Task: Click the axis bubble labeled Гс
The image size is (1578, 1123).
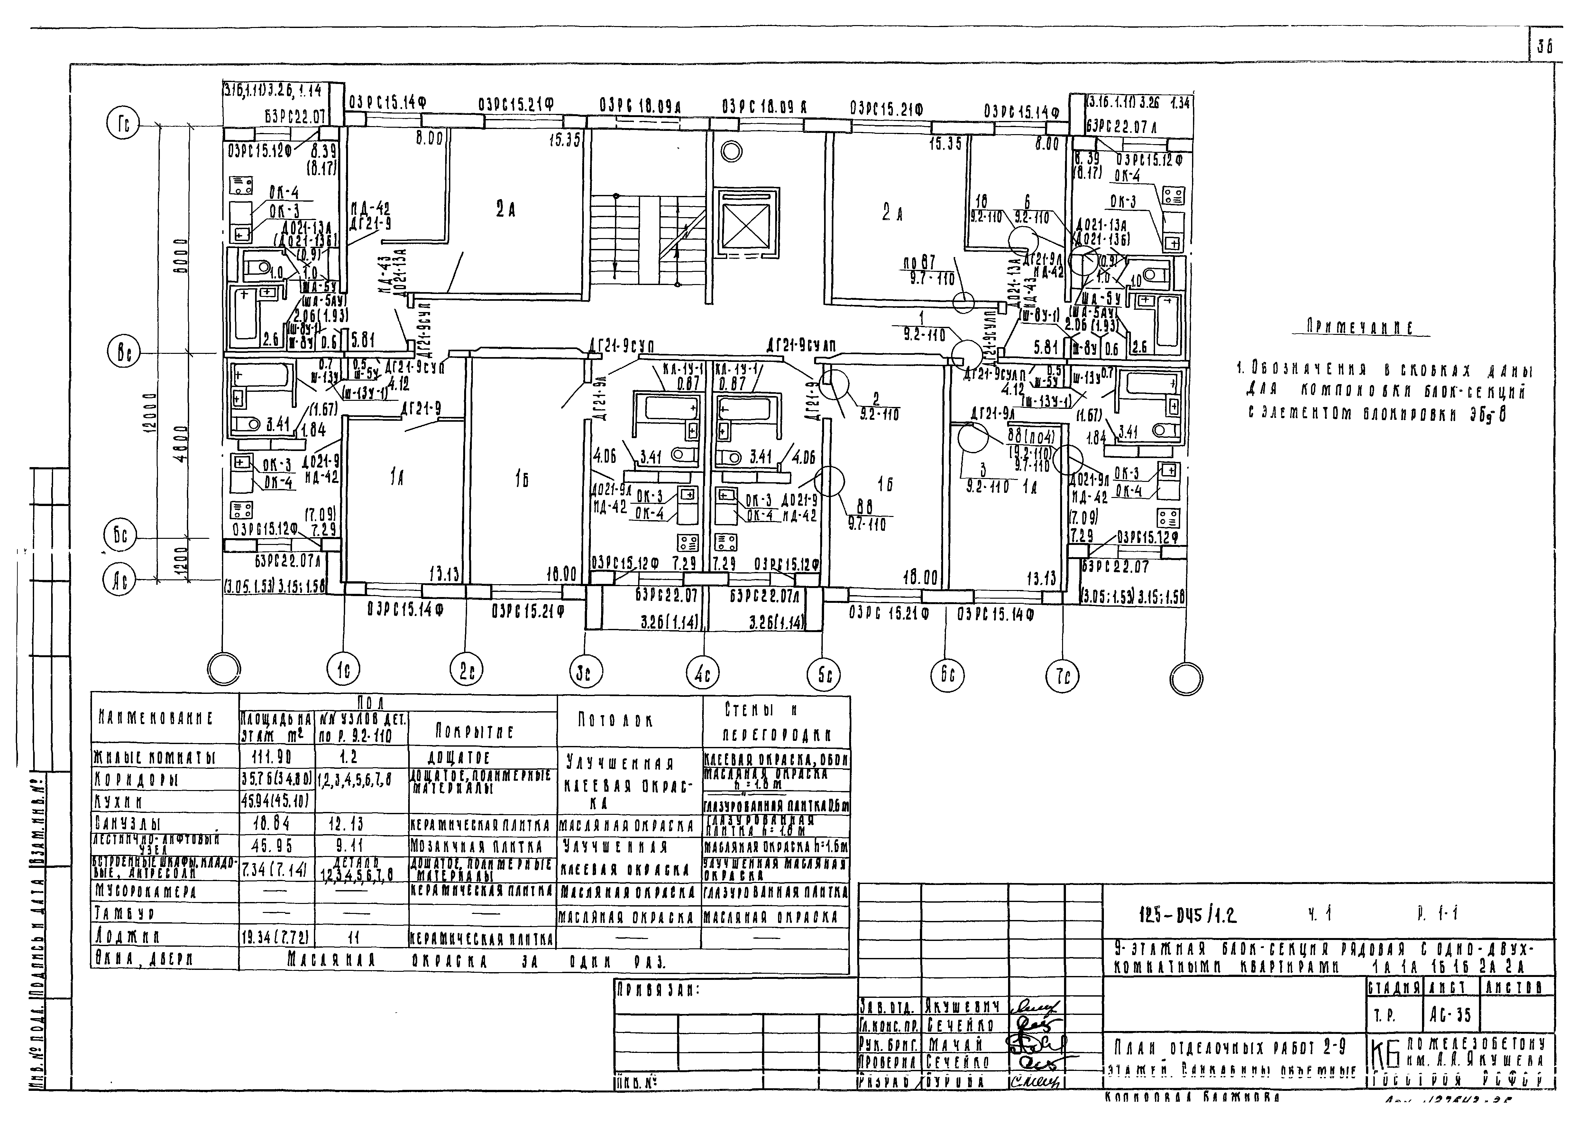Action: [123, 124]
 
